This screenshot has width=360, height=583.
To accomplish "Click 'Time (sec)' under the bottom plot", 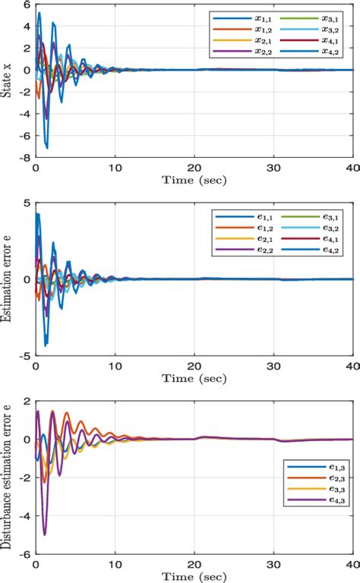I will pos(193,575).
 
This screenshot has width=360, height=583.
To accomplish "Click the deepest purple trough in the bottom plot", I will pos(44,534).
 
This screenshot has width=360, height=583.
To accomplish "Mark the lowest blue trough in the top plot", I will pos(48,147).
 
